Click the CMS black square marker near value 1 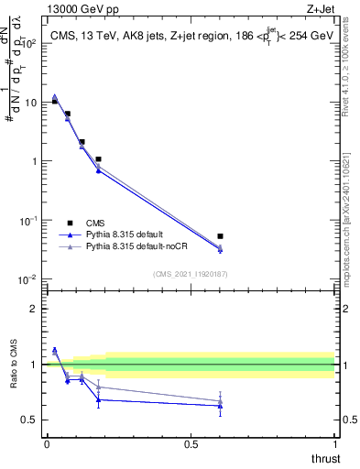(x=98, y=159)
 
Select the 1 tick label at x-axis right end (x=334, y=443)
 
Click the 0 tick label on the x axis (x=46, y=443)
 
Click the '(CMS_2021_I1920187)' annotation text (x=190, y=274)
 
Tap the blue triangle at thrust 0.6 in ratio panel (x=220, y=406)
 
